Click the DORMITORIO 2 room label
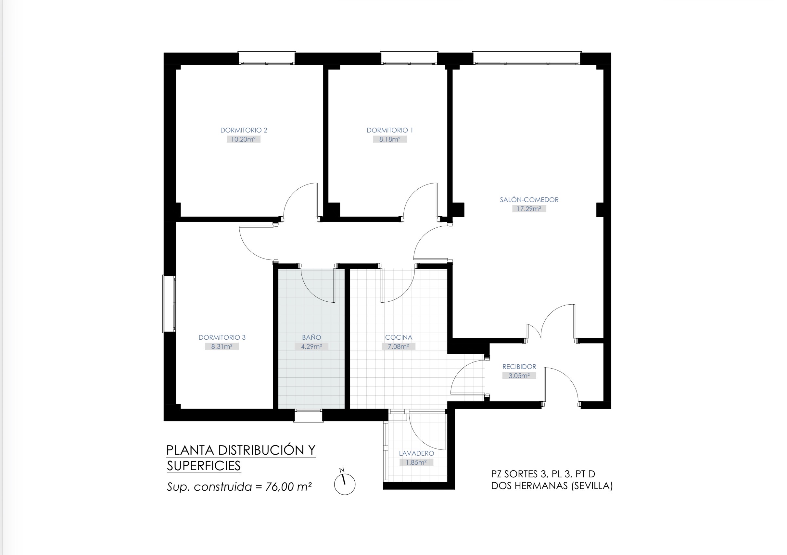coord(244,130)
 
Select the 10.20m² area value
coord(243,140)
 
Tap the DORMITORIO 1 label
coord(390,130)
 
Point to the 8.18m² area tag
coord(390,140)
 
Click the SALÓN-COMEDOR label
coord(529,199)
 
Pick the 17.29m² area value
coord(529,209)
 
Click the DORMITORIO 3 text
coord(222,337)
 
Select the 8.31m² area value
coord(222,347)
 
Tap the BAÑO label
coord(311,337)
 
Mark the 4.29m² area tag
coord(311,347)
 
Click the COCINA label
coord(398,337)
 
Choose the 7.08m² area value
coord(398,347)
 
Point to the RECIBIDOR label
coord(519,366)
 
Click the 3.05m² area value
coord(519,376)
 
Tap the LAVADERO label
coord(416,453)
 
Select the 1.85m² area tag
coord(416,462)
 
